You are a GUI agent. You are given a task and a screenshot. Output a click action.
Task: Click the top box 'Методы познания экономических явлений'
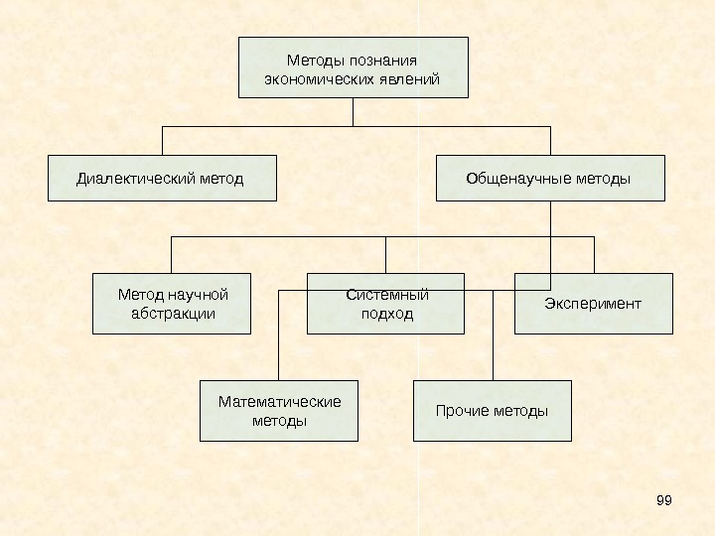click(353, 67)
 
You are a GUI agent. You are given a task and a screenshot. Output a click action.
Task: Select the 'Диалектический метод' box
click(162, 179)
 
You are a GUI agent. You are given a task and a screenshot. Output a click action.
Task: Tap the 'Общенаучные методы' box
click(550, 179)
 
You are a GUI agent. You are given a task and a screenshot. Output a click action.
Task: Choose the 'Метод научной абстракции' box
click(172, 304)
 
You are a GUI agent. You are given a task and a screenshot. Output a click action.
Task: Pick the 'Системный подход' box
click(385, 304)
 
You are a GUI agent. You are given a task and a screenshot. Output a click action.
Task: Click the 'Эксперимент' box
click(593, 303)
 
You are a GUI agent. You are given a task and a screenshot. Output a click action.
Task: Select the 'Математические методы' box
click(279, 411)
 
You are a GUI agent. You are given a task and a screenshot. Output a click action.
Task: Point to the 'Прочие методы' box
click(492, 410)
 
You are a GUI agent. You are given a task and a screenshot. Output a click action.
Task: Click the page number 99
click(664, 499)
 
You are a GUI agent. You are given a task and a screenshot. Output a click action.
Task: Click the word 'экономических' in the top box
click(315, 77)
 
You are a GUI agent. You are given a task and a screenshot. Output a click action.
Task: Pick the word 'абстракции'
click(173, 314)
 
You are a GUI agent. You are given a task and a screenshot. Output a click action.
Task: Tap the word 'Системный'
click(386, 295)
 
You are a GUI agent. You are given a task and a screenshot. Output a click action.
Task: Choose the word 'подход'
click(385, 314)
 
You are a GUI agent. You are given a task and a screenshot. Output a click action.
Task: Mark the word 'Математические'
click(279, 401)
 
